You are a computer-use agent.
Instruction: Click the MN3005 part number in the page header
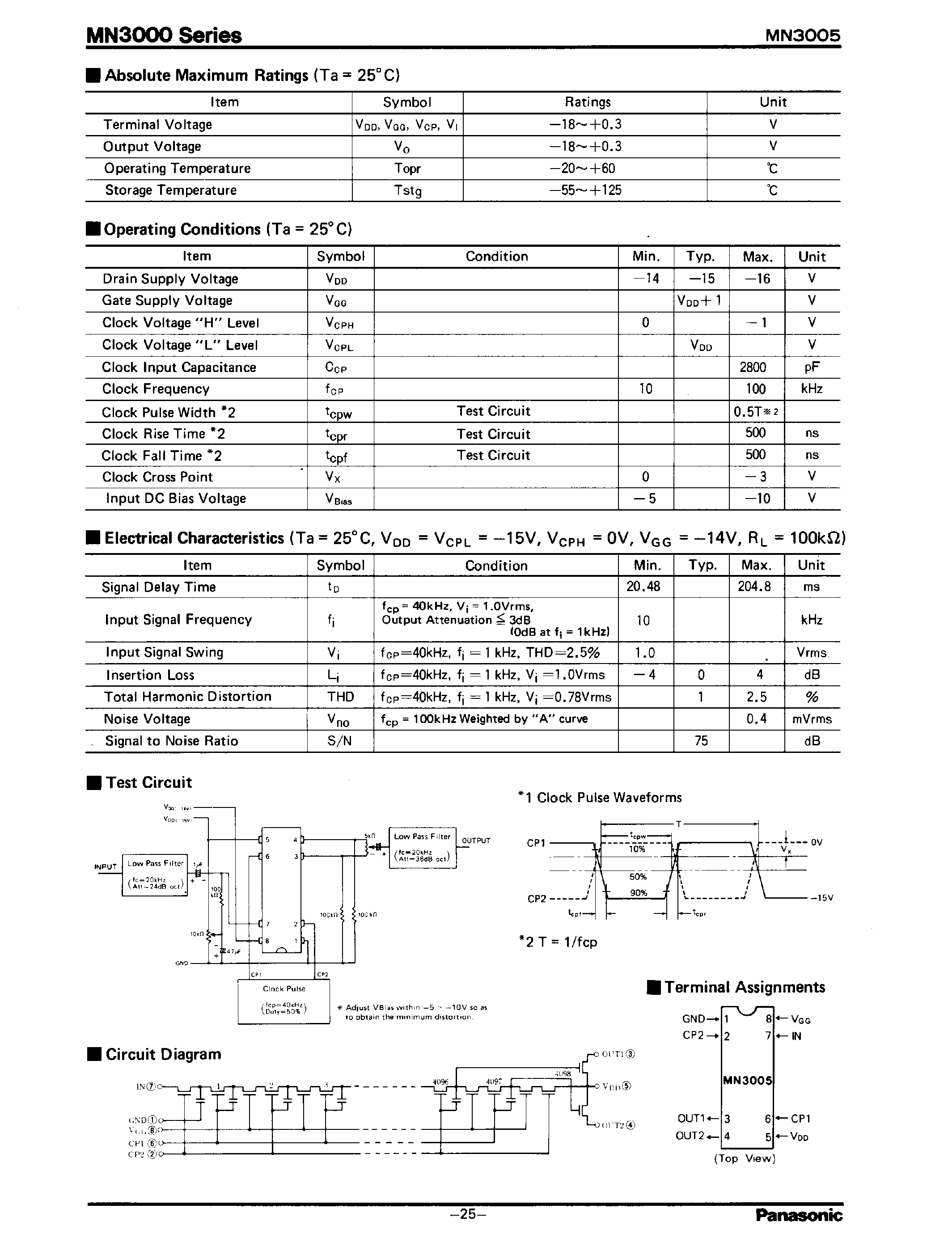pyautogui.click(x=802, y=36)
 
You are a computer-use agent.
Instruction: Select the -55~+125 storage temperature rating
pyautogui.click(x=585, y=190)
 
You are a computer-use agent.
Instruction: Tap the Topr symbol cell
pyautogui.click(x=407, y=169)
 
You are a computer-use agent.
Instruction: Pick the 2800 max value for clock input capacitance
pyautogui.click(x=753, y=368)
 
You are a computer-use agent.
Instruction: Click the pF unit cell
pyautogui.click(x=811, y=368)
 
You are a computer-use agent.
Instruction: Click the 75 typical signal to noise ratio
pyautogui.click(x=701, y=741)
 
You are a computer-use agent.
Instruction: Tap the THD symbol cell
pyautogui.click(x=340, y=697)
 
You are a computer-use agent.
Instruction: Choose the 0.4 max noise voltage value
pyautogui.click(x=756, y=719)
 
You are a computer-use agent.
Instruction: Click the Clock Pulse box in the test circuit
pyautogui.click(x=284, y=1003)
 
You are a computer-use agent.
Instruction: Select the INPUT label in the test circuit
pyautogui.click(x=106, y=866)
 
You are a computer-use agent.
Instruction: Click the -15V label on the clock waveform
pyautogui.click(x=821, y=898)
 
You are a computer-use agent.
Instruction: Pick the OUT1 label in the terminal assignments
pyautogui.click(x=690, y=1118)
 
